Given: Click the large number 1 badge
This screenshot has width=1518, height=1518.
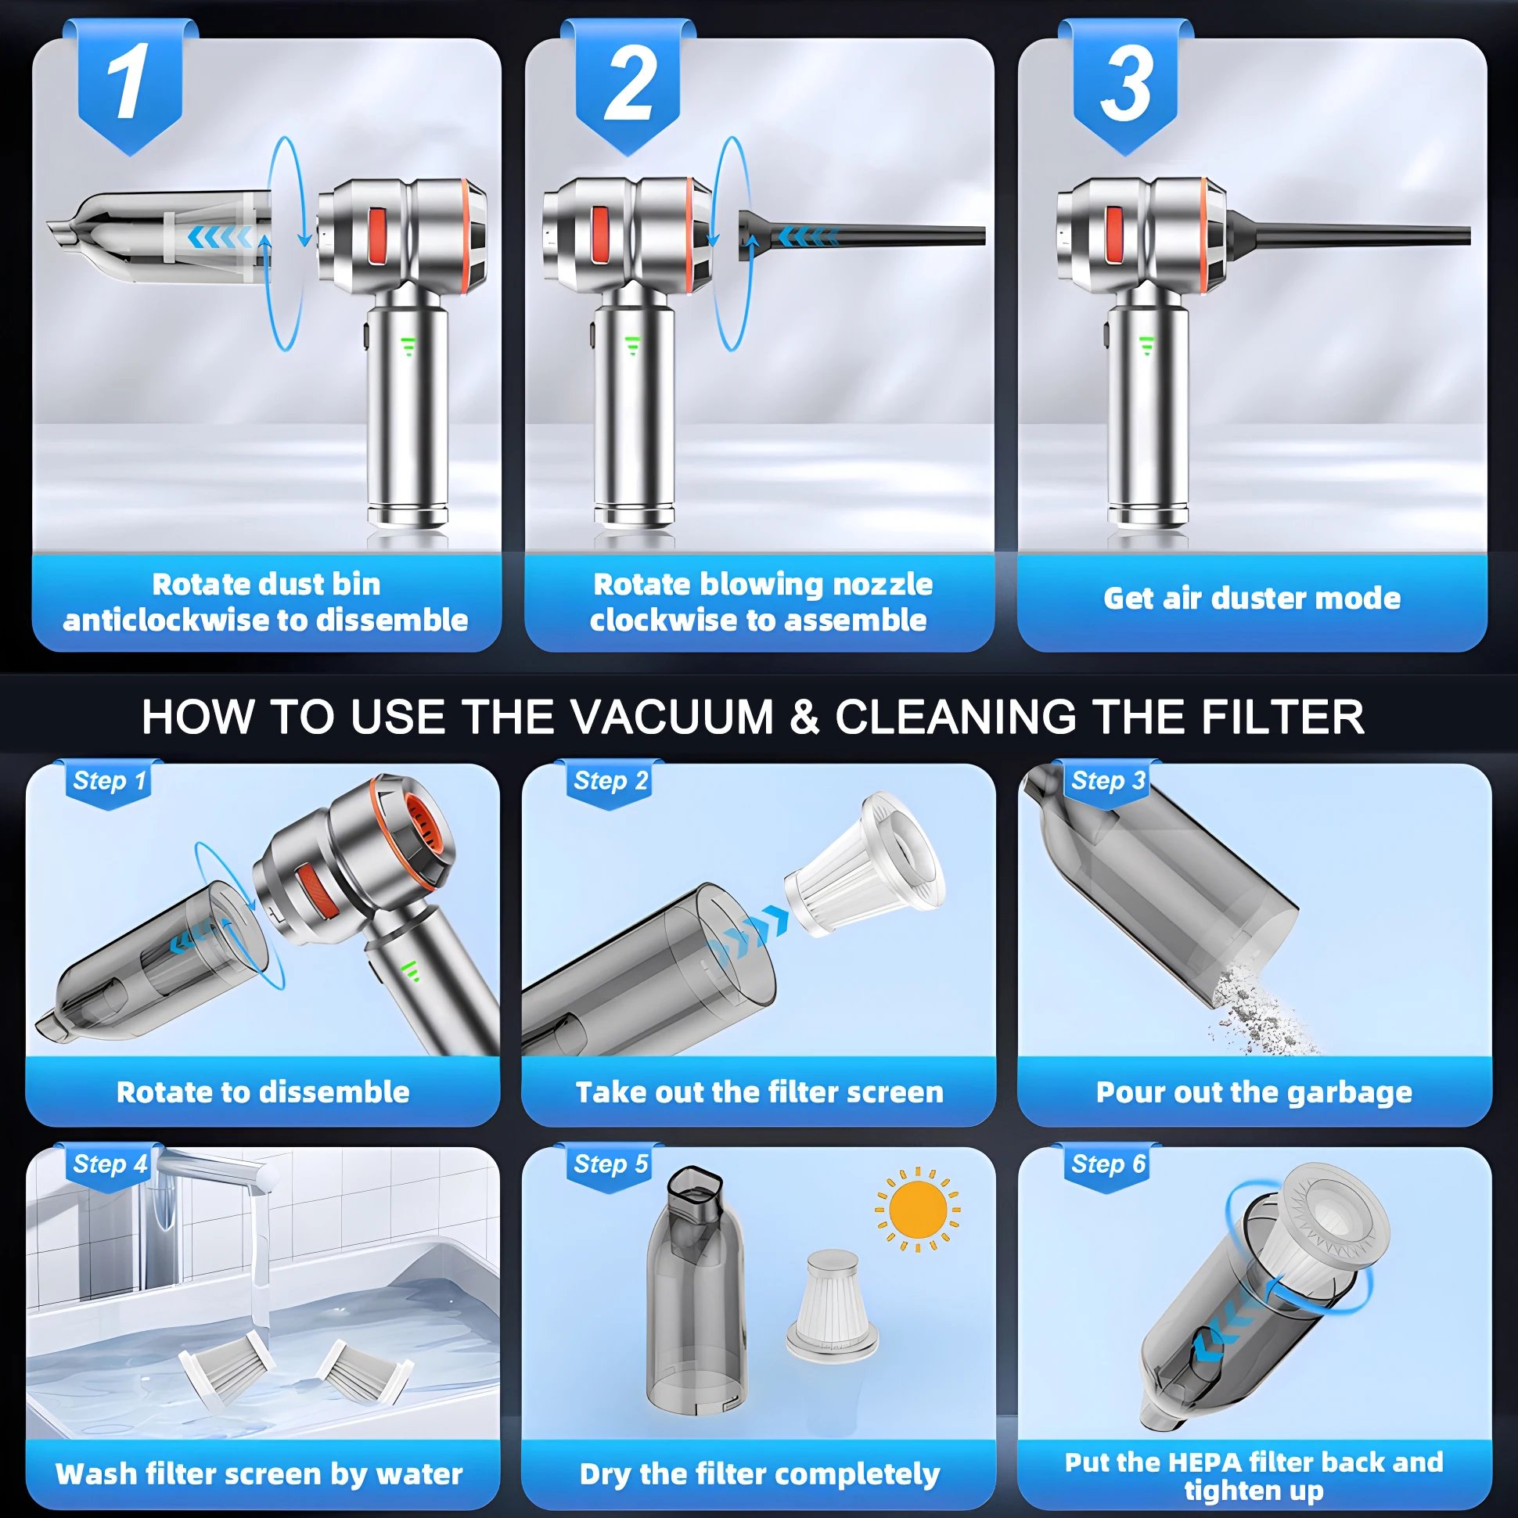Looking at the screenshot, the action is (x=131, y=86).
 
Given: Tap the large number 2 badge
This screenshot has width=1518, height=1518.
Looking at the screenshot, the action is (x=628, y=86).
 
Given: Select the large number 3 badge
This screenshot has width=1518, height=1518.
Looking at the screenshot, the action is (x=1125, y=86).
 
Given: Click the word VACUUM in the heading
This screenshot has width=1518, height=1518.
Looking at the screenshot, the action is (x=672, y=718).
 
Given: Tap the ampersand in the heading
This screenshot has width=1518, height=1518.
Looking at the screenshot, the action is (x=804, y=718).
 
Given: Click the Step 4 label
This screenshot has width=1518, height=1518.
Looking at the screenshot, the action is (x=110, y=1164).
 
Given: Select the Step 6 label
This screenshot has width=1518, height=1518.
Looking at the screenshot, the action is (x=1108, y=1164).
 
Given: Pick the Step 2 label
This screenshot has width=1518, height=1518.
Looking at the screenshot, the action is (x=610, y=781).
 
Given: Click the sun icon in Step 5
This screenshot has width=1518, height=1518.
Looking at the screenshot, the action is (x=918, y=1209).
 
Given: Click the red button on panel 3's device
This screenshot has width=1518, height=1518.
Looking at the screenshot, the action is (x=1115, y=234).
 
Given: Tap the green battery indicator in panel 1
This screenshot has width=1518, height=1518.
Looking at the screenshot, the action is (x=408, y=346).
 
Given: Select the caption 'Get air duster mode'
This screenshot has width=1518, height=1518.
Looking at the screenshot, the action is (x=1252, y=599).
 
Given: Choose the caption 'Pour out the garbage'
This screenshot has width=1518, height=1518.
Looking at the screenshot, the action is (x=1254, y=1092).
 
